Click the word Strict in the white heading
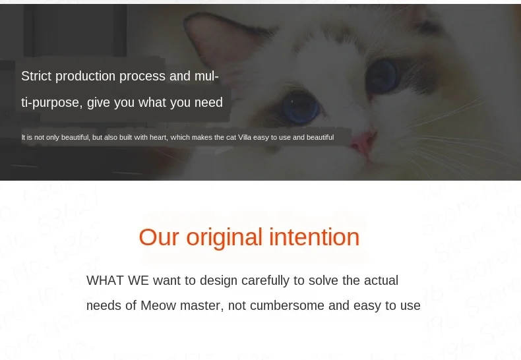(x=36, y=76)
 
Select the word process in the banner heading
(x=142, y=76)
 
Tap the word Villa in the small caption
(x=245, y=138)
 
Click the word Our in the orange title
(x=159, y=237)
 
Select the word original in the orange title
(x=224, y=238)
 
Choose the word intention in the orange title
(x=315, y=237)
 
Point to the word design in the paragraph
(x=218, y=281)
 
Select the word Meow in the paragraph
(x=158, y=305)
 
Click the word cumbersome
(x=287, y=305)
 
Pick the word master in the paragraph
(x=202, y=306)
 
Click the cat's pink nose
(x=364, y=143)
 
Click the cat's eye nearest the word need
(x=301, y=107)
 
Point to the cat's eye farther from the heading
(x=382, y=76)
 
